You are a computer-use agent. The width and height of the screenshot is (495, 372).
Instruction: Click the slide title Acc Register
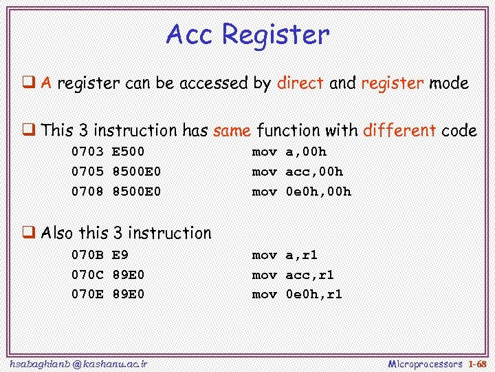tap(247, 34)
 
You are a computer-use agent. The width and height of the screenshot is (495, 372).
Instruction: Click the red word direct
tap(300, 84)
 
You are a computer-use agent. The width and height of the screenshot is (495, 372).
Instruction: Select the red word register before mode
tap(392, 84)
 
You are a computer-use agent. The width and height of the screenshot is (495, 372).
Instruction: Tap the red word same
tap(232, 130)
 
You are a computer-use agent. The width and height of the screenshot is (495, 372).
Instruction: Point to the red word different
tap(399, 130)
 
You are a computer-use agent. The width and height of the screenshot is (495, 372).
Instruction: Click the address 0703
tap(87, 152)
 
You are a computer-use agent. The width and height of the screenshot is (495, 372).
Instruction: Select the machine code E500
tap(128, 152)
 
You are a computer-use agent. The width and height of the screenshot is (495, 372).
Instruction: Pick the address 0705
tap(87, 172)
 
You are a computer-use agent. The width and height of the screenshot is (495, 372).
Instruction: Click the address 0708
tap(87, 192)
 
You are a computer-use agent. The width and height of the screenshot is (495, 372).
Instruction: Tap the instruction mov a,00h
tap(289, 152)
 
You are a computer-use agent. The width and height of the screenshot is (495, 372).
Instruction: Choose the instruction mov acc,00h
tap(298, 172)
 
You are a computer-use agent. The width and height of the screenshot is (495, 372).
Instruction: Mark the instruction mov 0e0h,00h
tap(302, 192)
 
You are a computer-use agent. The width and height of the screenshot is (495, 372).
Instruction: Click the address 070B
tap(87, 255)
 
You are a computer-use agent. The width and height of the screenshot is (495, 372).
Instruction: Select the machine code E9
tap(120, 255)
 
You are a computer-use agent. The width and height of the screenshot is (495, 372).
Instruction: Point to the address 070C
tap(87, 275)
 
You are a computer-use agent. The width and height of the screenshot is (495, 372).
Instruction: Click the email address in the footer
tap(79, 363)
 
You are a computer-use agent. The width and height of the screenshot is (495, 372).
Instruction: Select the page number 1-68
tap(477, 363)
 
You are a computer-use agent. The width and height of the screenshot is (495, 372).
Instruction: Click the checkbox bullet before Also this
tap(30, 233)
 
